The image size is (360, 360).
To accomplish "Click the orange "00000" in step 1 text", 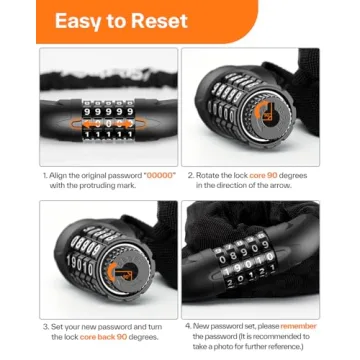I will [x=161, y=175].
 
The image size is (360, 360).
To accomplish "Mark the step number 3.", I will [x=46, y=326].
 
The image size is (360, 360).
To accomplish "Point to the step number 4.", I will [x=187, y=326].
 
